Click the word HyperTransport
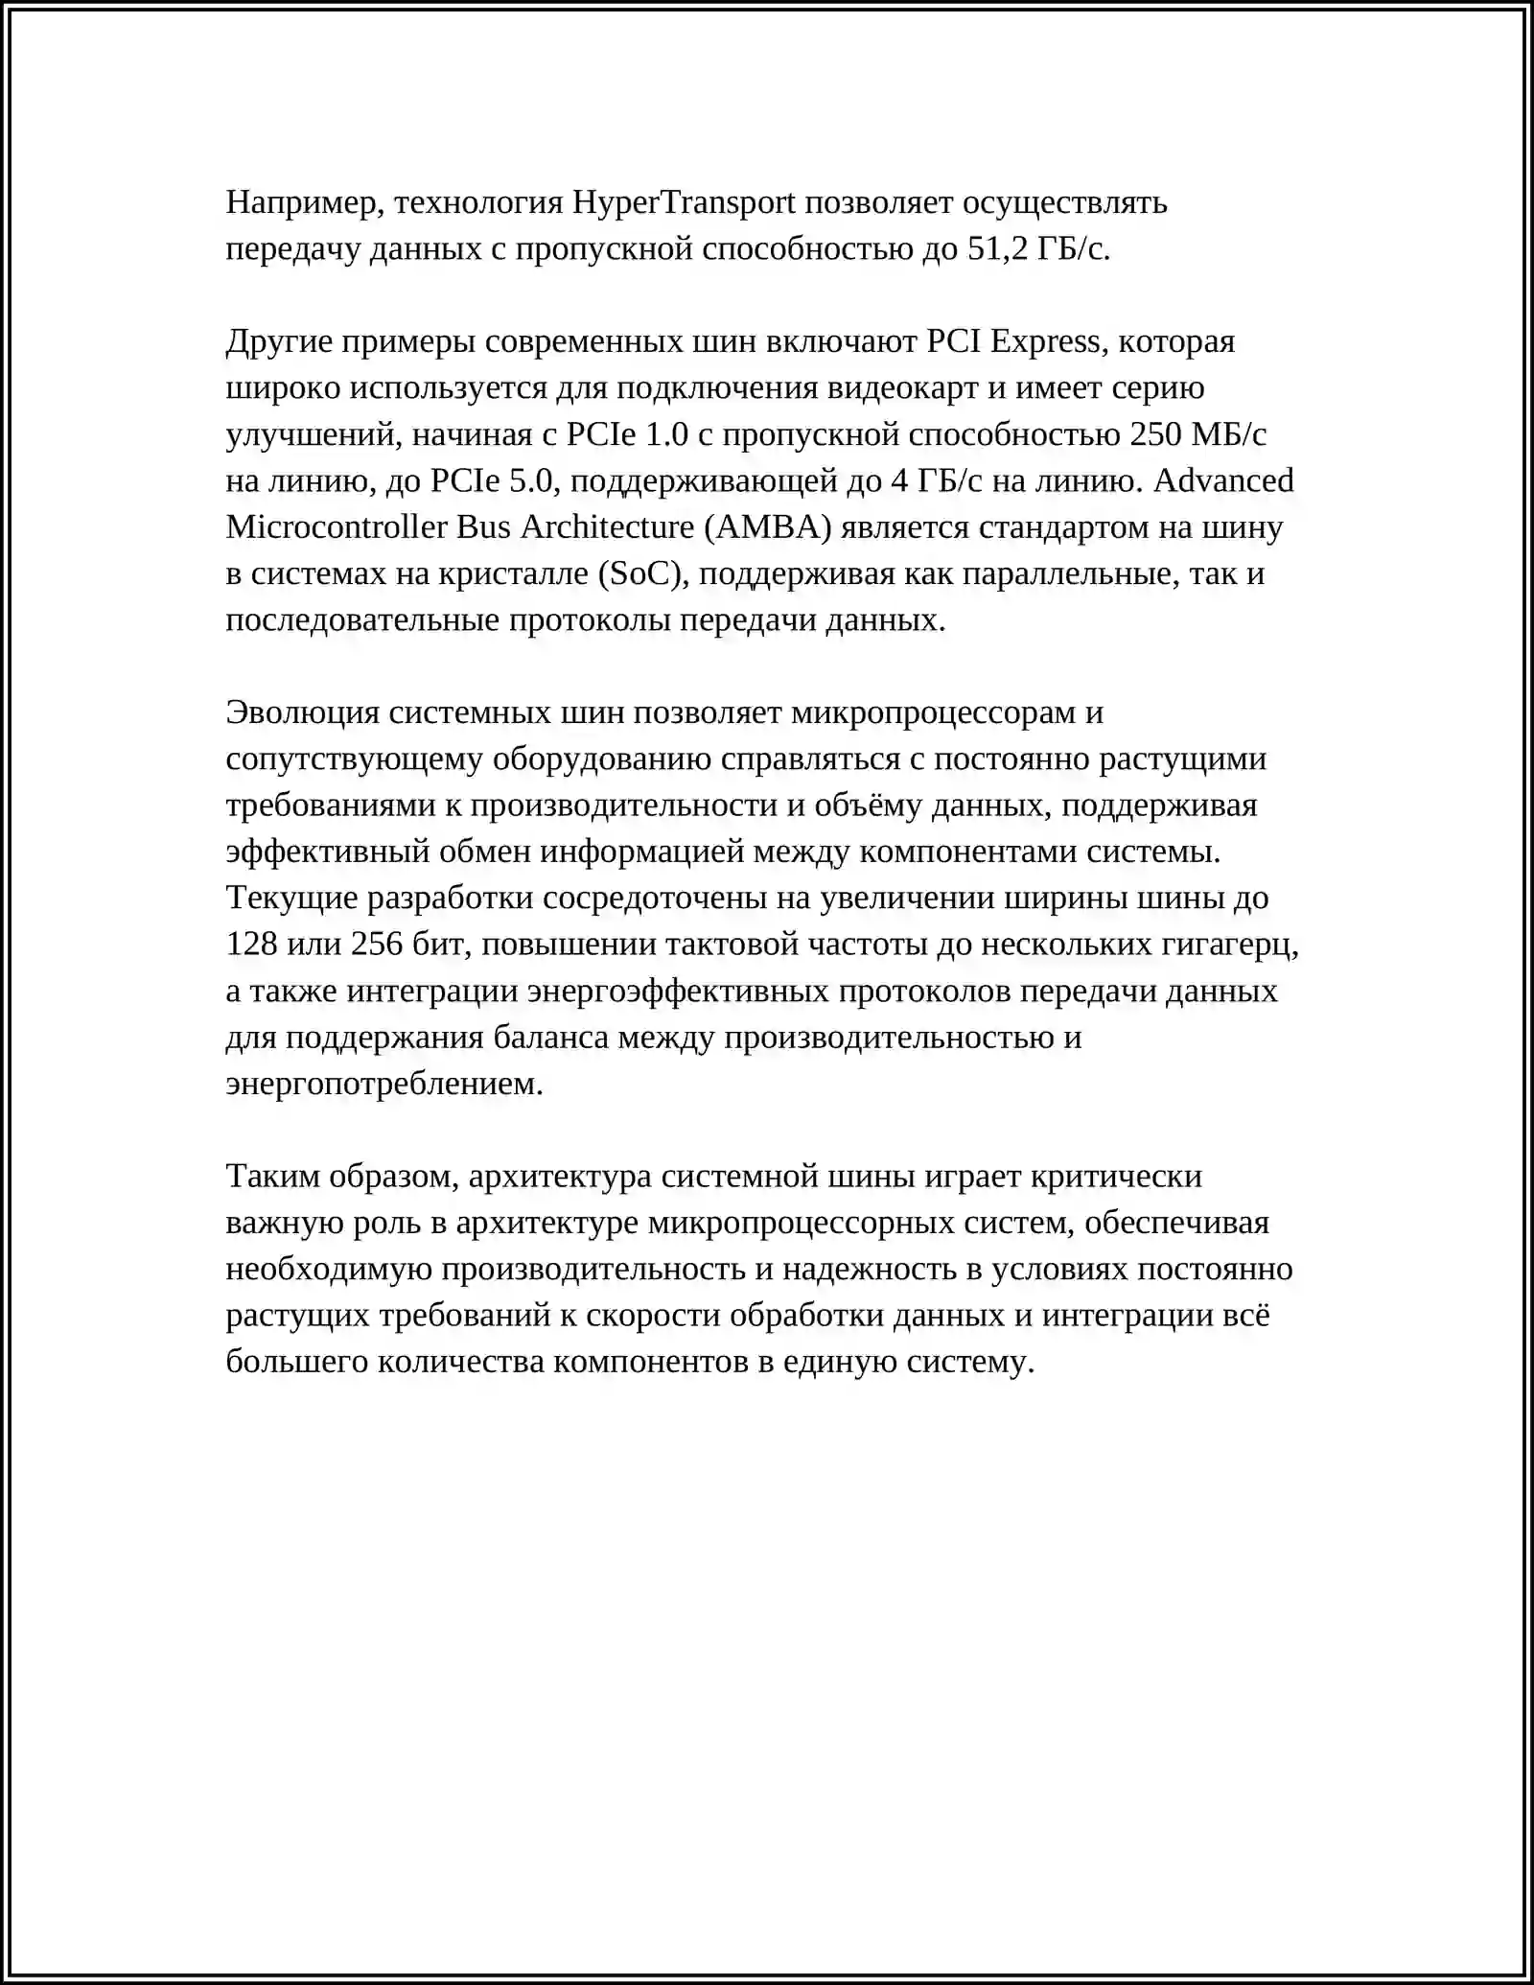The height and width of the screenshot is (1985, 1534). [x=684, y=203]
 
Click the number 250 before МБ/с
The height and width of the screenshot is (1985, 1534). [x=1155, y=434]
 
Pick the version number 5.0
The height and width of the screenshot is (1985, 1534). [x=531, y=480]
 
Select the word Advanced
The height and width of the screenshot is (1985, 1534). [x=1223, y=480]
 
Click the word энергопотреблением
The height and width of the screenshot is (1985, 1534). [x=384, y=1085]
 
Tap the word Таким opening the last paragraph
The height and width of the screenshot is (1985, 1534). [x=272, y=1177]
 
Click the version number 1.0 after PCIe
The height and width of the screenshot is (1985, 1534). [x=667, y=434]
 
